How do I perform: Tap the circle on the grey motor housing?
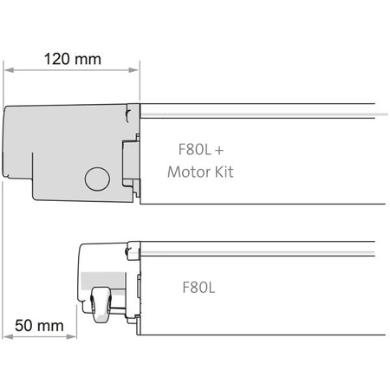tap(96, 179)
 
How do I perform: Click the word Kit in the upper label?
tap(223, 172)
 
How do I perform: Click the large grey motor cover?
tap(61, 143)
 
